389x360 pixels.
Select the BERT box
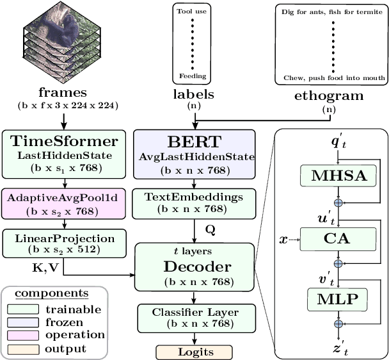(194, 154)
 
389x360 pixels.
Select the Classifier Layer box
(194, 317)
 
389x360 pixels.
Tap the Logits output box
(194, 352)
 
